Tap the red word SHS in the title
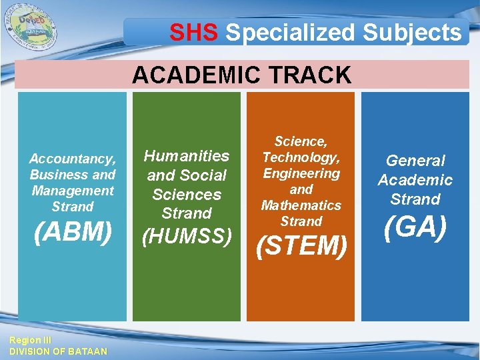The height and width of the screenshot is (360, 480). (194, 32)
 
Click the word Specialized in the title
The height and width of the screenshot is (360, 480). (291, 32)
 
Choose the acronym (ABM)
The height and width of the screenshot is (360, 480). (73, 231)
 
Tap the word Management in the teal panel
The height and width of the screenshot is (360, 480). (73, 191)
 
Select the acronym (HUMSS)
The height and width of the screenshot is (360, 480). (187, 235)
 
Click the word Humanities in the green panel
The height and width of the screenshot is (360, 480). (187, 156)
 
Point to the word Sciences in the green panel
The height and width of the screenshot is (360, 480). (187, 195)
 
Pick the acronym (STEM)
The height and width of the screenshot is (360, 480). (301, 246)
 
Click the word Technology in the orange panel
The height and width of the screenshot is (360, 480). (301, 157)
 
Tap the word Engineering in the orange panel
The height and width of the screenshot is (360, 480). (301, 173)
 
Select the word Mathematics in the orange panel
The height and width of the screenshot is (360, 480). (301, 205)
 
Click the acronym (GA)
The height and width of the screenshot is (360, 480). (415, 227)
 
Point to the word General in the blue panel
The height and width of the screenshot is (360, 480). (415, 161)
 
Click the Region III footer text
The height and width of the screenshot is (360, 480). (25, 340)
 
